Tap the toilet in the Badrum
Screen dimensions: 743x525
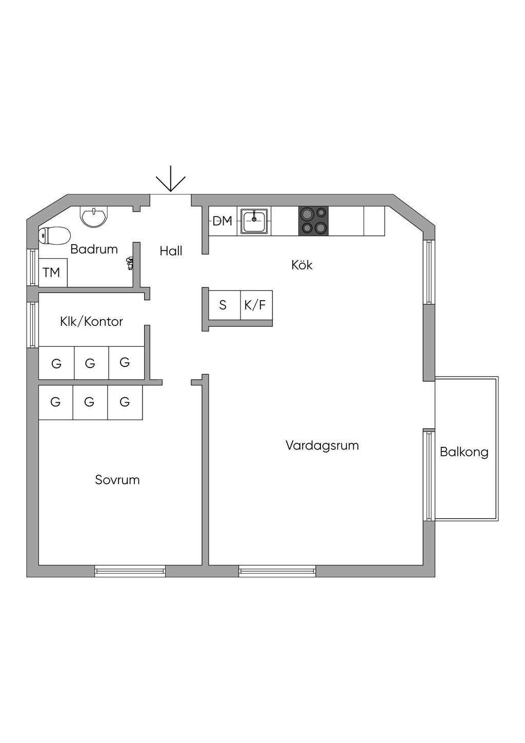click(54, 236)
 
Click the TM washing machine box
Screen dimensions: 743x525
click(52, 272)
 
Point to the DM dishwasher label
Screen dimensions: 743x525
click(223, 221)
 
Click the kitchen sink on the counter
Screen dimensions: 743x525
click(254, 221)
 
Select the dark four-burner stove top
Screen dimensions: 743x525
click(313, 221)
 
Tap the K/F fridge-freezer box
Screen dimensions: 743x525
click(256, 305)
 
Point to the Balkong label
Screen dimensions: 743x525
click(464, 452)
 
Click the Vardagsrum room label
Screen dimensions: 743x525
click(322, 445)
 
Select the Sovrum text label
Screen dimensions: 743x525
click(117, 480)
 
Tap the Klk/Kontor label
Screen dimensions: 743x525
click(92, 322)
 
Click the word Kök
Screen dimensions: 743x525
click(302, 265)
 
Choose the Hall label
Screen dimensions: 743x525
click(171, 251)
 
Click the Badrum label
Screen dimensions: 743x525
click(94, 249)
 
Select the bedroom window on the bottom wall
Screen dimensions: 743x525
click(130, 571)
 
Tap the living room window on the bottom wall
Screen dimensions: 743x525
click(277, 571)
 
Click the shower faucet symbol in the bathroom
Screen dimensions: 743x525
click(130, 264)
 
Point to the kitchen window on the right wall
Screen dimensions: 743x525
click(429, 271)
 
